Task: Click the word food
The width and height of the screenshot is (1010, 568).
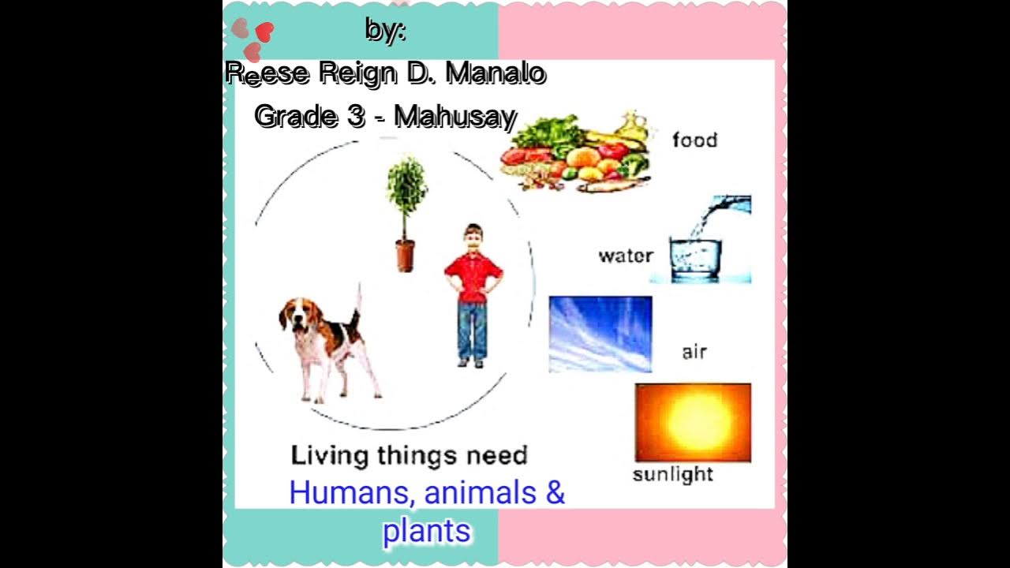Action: pyautogui.click(x=694, y=140)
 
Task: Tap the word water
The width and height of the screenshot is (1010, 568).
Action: pyautogui.click(x=626, y=256)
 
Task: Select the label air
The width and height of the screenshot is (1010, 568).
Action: pyautogui.click(x=694, y=352)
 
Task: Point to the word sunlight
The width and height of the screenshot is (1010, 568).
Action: pyautogui.click(x=673, y=474)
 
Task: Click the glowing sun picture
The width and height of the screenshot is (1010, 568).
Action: pyautogui.click(x=693, y=422)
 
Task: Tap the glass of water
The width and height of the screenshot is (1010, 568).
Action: pyautogui.click(x=695, y=256)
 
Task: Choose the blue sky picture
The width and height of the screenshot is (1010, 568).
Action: pyautogui.click(x=600, y=334)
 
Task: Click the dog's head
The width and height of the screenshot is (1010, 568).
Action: pyautogui.click(x=295, y=317)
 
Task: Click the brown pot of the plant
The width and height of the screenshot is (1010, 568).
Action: pyautogui.click(x=405, y=256)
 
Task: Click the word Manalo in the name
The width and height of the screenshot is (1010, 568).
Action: pyautogui.click(x=496, y=74)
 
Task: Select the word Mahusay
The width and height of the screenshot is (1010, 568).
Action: pyautogui.click(x=455, y=117)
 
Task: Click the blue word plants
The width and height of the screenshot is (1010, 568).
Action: pyautogui.click(x=426, y=531)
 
